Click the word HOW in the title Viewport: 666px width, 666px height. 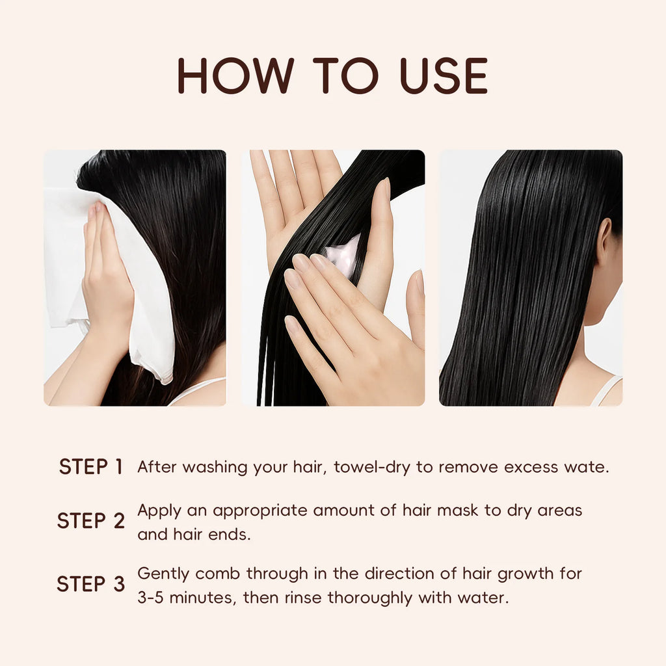[x=235, y=75]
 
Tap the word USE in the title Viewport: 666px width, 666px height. [x=444, y=75]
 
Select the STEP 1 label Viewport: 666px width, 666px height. [x=91, y=467]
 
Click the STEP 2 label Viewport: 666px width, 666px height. [x=91, y=521]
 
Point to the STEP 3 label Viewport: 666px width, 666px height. [x=91, y=584]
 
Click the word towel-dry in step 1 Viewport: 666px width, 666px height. [x=372, y=467]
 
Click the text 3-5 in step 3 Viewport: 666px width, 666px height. [x=150, y=598]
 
